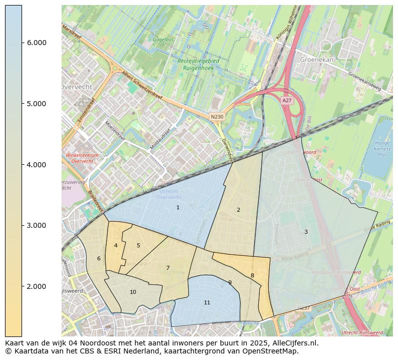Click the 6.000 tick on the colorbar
coord(22,43)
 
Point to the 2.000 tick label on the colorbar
coord(37,286)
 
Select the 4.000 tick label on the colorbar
coord(37,165)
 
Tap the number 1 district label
coord(178,207)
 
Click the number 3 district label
coord(306,232)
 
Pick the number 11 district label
coord(207,302)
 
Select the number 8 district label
coord(252,275)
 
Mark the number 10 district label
coord(133,292)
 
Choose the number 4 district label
coord(116,245)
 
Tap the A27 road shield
coord(286,101)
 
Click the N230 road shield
coord(217,117)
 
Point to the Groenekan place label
coord(317,59)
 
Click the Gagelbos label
coord(163,39)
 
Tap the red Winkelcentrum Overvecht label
coord(82,158)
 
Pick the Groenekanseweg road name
coord(364,81)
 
